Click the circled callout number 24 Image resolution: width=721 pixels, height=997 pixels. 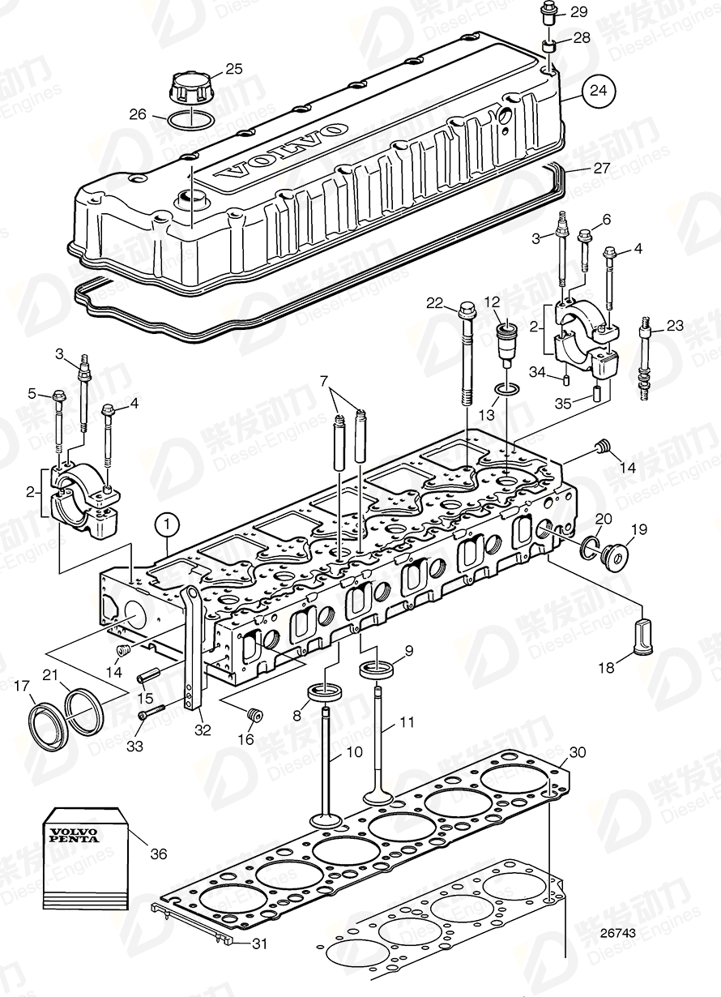pos(596,92)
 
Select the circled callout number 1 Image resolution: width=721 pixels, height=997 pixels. pos(166,526)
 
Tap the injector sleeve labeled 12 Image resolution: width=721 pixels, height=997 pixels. pos(506,344)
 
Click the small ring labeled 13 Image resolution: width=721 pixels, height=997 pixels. pos(506,392)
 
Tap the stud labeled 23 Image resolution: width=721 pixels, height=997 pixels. pos(646,357)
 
